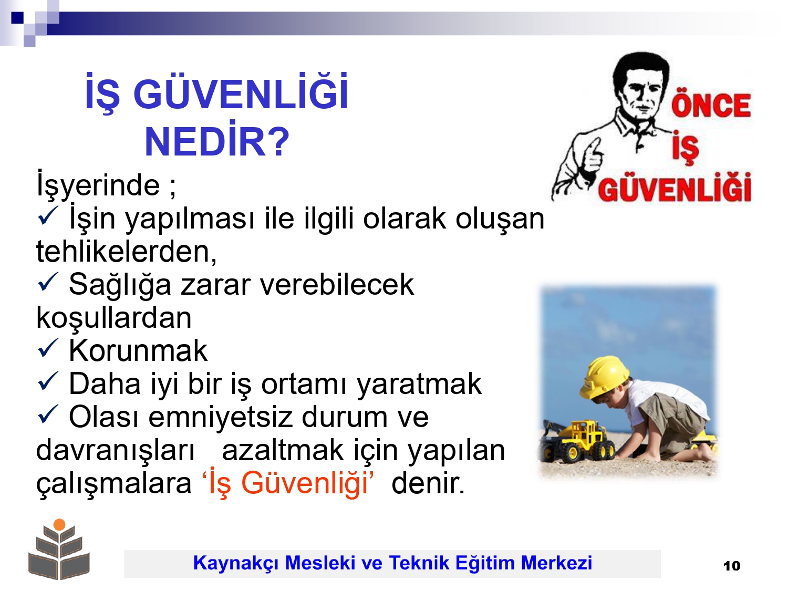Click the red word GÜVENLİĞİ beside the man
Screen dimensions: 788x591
pyautogui.click(x=675, y=188)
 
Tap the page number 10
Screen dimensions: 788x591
pyautogui.click(x=732, y=566)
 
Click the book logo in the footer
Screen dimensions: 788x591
pyautogui.click(x=59, y=549)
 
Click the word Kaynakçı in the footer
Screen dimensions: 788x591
pyautogui.click(x=236, y=563)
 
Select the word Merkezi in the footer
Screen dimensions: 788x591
pyautogui.click(x=556, y=563)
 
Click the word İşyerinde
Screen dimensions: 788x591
pyautogui.click(x=98, y=184)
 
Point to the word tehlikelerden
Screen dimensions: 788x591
pyautogui.click(x=127, y=251)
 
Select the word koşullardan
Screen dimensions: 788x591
pyautogui.click(x=114, y=318)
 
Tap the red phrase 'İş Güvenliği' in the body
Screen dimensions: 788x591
pyautogui.click(x=288, y=483)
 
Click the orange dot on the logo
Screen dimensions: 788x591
pyautogui.click(x=59, y=525)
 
